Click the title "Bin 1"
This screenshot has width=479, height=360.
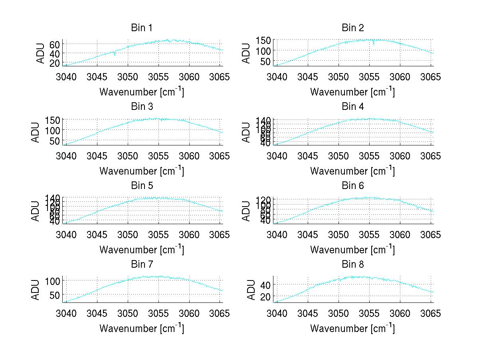point(142,28)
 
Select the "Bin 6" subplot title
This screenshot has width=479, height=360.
point(353,186)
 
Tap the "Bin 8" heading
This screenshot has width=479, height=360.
point(353,265)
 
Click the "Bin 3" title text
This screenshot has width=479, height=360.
point(142,107)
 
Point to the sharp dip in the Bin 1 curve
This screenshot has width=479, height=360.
point(115,54)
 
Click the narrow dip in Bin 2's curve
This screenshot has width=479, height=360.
point(374,43)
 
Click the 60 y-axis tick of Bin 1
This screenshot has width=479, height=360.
point(54,44)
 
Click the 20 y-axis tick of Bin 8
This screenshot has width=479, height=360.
point(265,296)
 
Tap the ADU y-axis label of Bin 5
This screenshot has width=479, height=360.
point(36,211)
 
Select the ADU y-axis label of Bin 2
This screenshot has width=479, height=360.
point(247,53)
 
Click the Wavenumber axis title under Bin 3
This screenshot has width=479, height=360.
point(142,171)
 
